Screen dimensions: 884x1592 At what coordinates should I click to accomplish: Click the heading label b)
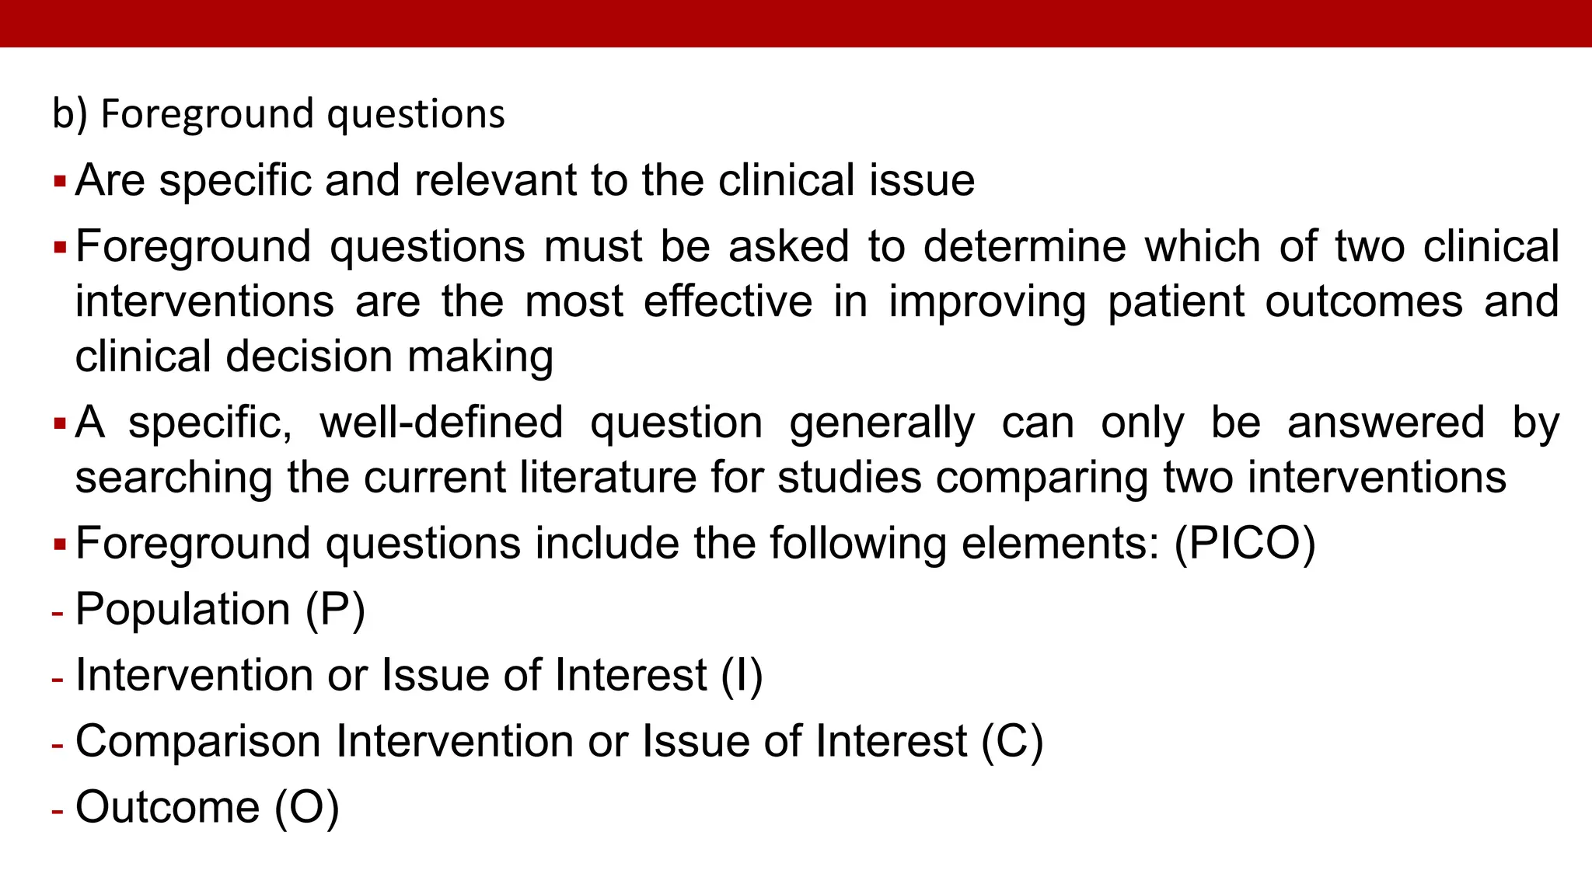[x=69, y=114]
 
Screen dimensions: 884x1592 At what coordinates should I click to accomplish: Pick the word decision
[x=309, y=357]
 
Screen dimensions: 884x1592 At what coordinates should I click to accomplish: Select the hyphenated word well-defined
[x=442, y=423]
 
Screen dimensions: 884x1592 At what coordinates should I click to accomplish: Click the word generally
[x=882, y=423]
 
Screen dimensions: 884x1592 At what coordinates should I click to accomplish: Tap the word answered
[x=1386, y=423]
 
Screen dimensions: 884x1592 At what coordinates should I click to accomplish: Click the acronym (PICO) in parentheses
[x=1245, y=543]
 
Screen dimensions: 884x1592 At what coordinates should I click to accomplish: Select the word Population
[x=183, y=609]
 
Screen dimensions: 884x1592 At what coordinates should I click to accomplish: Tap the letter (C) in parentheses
[x=1012, y=741]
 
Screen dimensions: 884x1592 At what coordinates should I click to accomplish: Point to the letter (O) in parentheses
[x=307, y=807]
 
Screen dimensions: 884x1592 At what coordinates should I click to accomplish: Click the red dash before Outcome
[x=58, y=810]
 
